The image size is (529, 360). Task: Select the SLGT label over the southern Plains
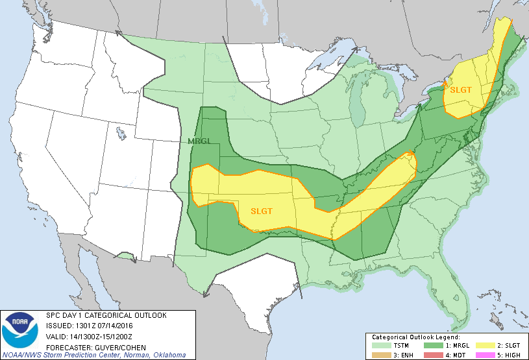pos(261,210)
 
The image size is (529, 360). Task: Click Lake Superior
pos(325,66)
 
